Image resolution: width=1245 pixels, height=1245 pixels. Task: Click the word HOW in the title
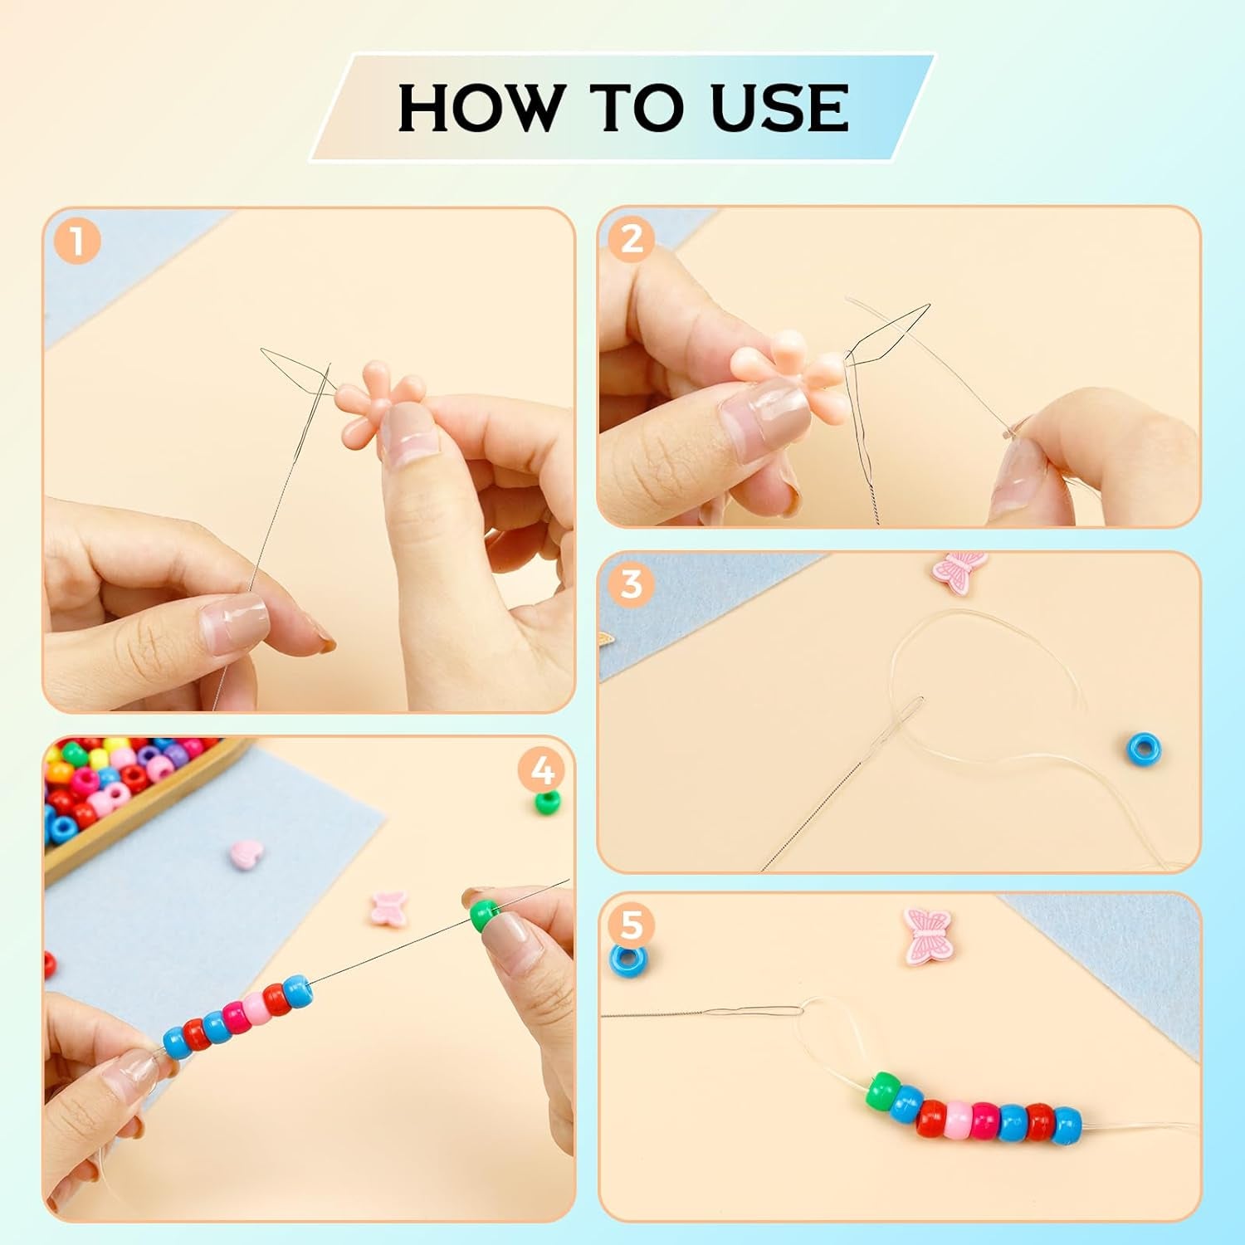pyautogui.click(x=480, y=108)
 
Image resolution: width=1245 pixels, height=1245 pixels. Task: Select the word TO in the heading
pyautogui.click(x=639, y=108)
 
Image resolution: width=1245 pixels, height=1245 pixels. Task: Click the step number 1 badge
pyautogui.click(x=77, y=242)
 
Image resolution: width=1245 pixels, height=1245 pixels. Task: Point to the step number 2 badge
pyautogui.click(x=632, y=239)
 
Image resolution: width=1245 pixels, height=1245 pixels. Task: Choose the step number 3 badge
pyautogui.click(x=632, y=584)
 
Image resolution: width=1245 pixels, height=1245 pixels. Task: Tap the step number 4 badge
pyautogui.click(x=541, y=771)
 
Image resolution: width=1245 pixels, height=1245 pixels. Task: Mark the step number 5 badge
pyautogui.click(x=632, y=924)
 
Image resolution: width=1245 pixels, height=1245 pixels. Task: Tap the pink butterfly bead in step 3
pyautogui.click(x=960, y=570)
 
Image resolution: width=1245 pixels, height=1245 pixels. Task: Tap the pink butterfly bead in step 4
pyautogui.click(x=388, y=907)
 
